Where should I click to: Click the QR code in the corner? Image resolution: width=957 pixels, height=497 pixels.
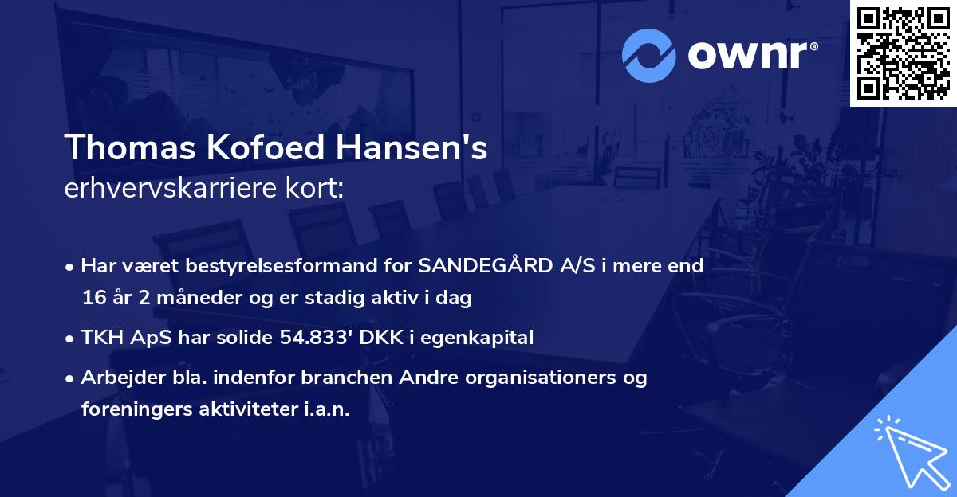point(903,53)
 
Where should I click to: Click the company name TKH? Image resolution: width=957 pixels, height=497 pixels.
point(100,338)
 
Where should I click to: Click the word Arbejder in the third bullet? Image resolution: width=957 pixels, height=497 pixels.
point(116,377)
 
